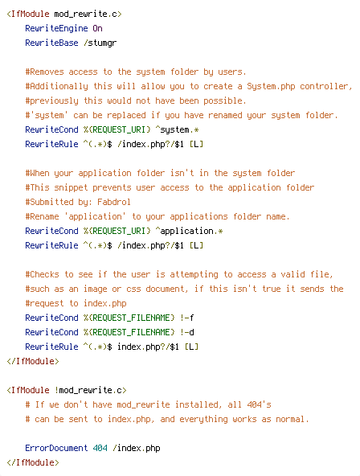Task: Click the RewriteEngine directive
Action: tap(56, 28)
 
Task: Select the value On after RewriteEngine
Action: tap(98, 28)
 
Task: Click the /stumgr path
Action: tap(100, 43)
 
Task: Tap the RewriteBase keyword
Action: tap(51, 43)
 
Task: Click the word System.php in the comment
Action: tap(271, 87)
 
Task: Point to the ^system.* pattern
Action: tap(177, 130)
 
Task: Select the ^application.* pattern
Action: tap(190, 232)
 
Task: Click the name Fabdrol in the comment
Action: tap(114, 202)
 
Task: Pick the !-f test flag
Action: tap(186, 318)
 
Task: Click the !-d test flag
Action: tap(186, 332)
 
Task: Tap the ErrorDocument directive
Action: tap(56, 448)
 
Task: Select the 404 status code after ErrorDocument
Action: tap(100, 448)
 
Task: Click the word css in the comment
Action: tap(133, 289)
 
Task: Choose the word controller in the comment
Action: tap(324, 87)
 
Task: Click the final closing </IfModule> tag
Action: tap(33, 462)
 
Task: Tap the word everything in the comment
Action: tap(203, 420)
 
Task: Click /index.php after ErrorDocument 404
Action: tap(136, 449)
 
